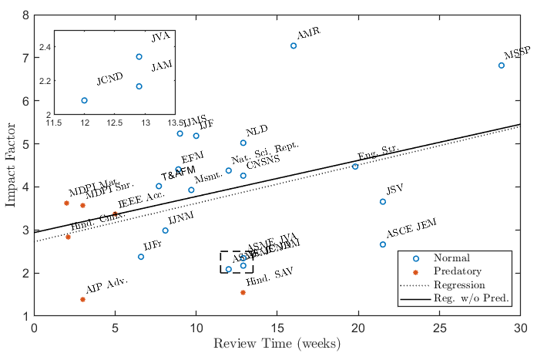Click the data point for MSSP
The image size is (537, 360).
(x=502, y=66)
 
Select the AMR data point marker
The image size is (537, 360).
(x=294, y=45)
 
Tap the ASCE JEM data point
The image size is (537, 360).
(x=383, y=244)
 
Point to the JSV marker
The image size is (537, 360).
(x=383, y=202)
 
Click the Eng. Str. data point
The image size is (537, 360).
(x=355, y=167)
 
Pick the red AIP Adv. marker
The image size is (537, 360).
(x=82, y=299)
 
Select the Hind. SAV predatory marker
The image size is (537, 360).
(x=243, y=292)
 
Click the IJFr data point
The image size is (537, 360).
(x=141, y=257)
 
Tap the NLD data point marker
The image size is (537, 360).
(x=243, y=143)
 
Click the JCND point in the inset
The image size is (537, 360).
(x=84, y=100)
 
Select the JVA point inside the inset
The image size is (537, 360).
(x=139, y=56)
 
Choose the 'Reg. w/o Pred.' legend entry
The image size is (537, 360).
(x=472, y=298)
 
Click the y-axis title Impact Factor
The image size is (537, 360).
(x=11, y=165)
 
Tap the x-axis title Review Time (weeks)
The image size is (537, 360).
(x=277, y=344)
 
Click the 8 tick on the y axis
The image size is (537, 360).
(x=25, y=15)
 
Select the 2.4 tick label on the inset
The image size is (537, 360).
(x=43, y=48)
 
